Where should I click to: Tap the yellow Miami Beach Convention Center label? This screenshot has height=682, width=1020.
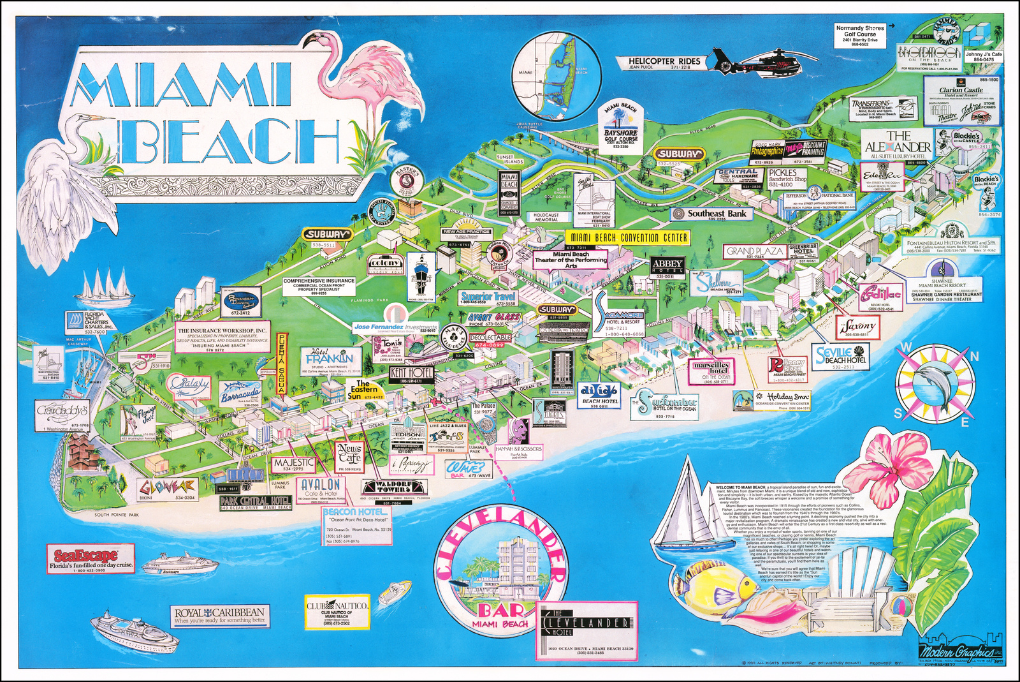(629, 237)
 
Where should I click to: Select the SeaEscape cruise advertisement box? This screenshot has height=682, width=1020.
(91, 559)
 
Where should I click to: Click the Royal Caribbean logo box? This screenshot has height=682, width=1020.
(219, 615)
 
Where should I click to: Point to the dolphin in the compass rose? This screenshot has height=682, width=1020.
(935, 380)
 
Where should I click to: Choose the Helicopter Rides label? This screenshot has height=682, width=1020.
(664, 63)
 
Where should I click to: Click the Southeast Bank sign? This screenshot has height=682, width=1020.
(711, 214)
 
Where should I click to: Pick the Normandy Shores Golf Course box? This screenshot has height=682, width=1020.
(860, 36)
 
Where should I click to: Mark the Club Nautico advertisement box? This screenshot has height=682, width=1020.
(337, 611)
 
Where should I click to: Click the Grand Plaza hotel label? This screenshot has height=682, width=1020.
(755, 252)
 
